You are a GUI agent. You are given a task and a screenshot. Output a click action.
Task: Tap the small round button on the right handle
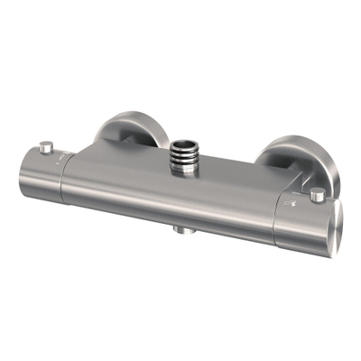(316, 195)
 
